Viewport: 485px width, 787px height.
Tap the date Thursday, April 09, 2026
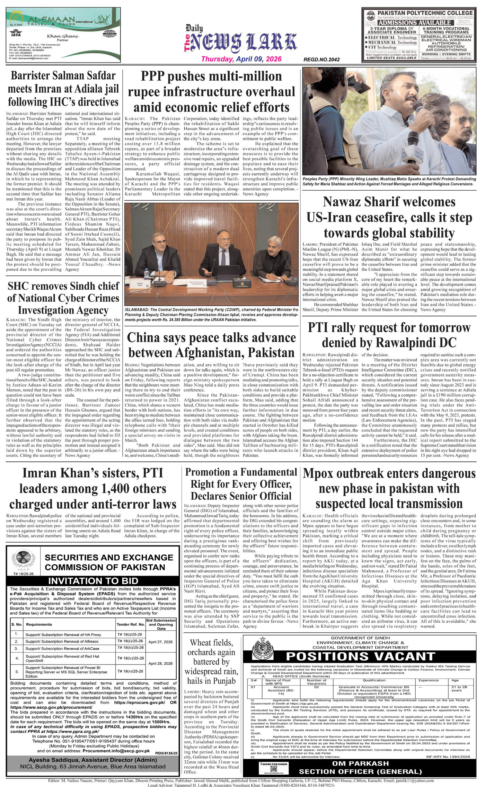pos(241,59)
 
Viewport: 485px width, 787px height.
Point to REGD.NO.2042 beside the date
pos(321,60)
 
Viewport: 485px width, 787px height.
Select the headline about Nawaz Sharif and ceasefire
pos(389,217)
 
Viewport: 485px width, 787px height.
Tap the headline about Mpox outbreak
pos(389,488)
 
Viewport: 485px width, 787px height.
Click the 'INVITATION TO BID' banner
pos(93,581)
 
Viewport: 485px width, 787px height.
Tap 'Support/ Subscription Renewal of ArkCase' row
pos(62,648)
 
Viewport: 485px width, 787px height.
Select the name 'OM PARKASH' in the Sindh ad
pos(360,763)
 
